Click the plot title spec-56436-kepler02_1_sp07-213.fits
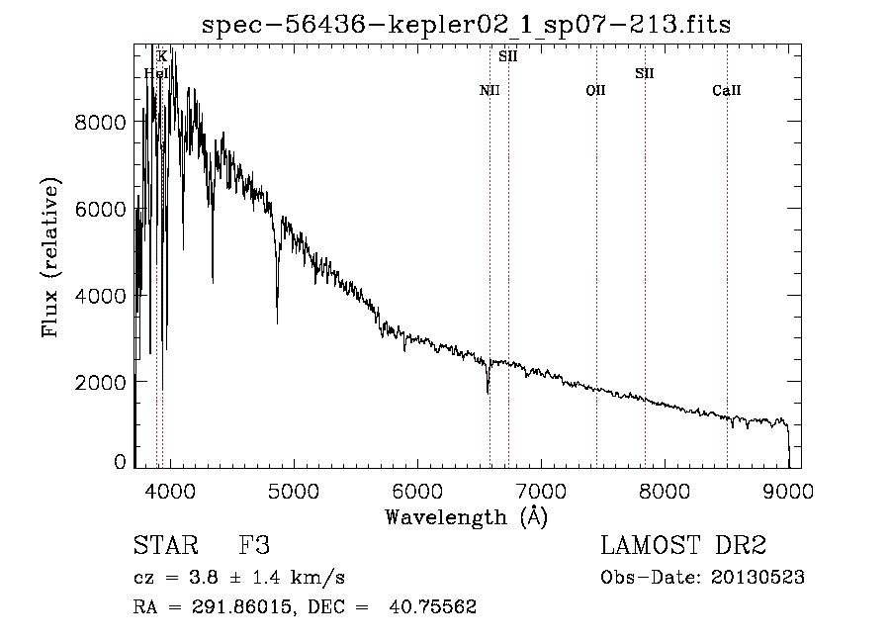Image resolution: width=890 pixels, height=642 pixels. [466, 24]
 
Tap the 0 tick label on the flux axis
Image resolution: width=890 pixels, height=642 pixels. [120, 462]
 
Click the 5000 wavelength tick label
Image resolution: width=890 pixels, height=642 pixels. [293, 492]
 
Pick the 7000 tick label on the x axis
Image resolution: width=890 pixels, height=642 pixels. [541, 492]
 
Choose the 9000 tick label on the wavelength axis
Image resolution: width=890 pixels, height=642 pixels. [788, 492]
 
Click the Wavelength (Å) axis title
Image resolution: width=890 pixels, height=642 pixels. [466, 516]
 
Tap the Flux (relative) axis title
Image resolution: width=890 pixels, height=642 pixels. [50, 257]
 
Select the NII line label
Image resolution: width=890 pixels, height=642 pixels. [489, 91]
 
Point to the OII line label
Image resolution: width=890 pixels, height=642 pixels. [595, 91]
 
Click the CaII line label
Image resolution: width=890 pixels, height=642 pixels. [727, 91]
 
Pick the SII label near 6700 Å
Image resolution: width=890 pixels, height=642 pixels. [508, 56]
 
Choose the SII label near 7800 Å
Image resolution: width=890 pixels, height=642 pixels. [645, 73]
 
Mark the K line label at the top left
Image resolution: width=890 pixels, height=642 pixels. [162, 56]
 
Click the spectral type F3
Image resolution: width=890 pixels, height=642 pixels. [255, 547]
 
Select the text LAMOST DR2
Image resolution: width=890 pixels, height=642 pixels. [683, 547]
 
